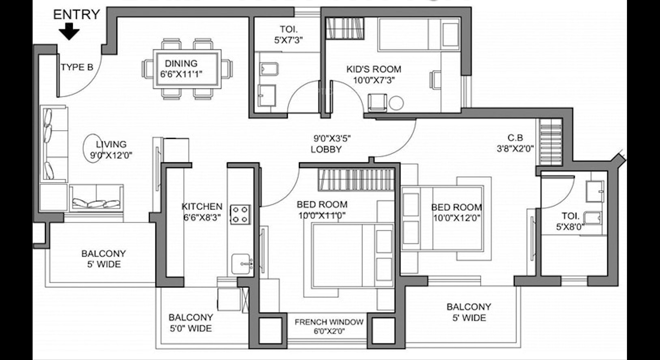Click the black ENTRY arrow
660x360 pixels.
(x=69, y=31)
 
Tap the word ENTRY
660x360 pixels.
(x=77, y=15)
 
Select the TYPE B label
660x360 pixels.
(x=77, y=67)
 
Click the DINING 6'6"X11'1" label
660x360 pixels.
(x=181, y=69)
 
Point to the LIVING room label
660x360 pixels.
(x=111, y=150)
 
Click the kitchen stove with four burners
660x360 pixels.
(x=241, y=214)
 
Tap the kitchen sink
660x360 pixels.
(x=242, y=264)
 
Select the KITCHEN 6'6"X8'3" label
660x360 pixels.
(x=202, y=212)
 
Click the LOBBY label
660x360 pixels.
(x=326, y=149)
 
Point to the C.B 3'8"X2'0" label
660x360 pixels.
(x=515, y=143)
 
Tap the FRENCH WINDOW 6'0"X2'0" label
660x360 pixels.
(x=329, y=327)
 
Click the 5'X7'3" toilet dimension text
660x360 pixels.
(x=288, y=40)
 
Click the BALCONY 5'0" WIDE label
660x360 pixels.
(x=191, y=323)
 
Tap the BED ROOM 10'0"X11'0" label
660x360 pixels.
(x=322, y=210)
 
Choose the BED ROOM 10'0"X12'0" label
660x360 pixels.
(x=456, y=212)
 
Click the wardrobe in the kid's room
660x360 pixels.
(x=345, y=28)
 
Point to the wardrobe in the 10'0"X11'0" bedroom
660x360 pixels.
(x=356, y=180)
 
